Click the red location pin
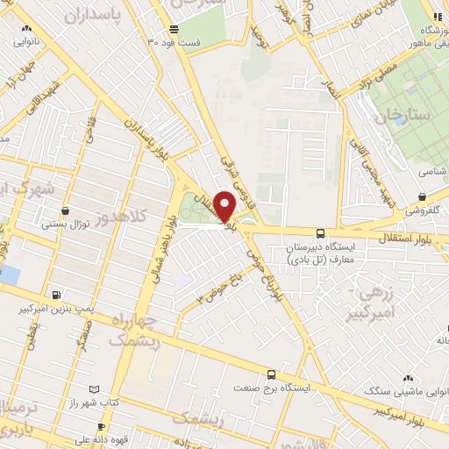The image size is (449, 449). click(x=224, y=206)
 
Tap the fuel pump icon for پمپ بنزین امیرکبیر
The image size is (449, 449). click(x=57, y=296)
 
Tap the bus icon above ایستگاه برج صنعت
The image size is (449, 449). click(x=272, y=372)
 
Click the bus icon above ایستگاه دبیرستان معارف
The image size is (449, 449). click(x=320, y=234)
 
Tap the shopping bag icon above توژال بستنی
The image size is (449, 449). click(x=67, y=210)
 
